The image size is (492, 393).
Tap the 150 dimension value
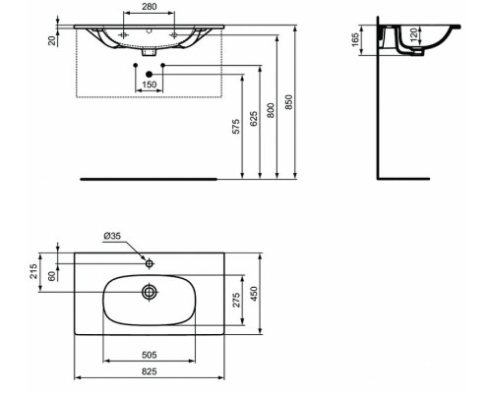(x=151, y=84)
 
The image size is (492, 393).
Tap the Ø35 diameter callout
(x=115, y=237)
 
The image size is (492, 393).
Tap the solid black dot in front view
(x=150, y=74)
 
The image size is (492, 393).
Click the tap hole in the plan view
(x=150, y=264)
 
